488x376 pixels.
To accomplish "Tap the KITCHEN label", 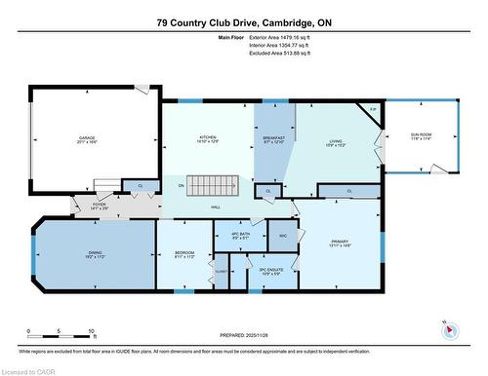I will click(x=206, y=137).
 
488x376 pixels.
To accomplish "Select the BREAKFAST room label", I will click(x=274, y=139).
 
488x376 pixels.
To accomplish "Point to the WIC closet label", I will click(x=282, y=236).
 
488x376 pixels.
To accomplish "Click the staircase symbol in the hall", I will click(x=213, y=185).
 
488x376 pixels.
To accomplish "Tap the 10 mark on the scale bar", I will click(x=91, y=332).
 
